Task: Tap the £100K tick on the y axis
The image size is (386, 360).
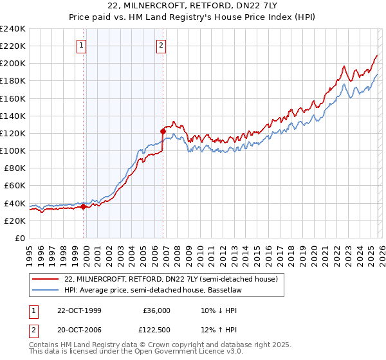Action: point(13,150)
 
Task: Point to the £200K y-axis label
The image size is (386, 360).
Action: point(13,64)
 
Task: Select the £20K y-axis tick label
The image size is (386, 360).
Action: point(15,221)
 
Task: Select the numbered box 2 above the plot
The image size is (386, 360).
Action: point(160,45)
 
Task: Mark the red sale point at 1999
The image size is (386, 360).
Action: point(84,206)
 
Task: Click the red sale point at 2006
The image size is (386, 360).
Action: point(163,131)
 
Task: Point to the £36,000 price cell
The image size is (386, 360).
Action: point(156,310)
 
